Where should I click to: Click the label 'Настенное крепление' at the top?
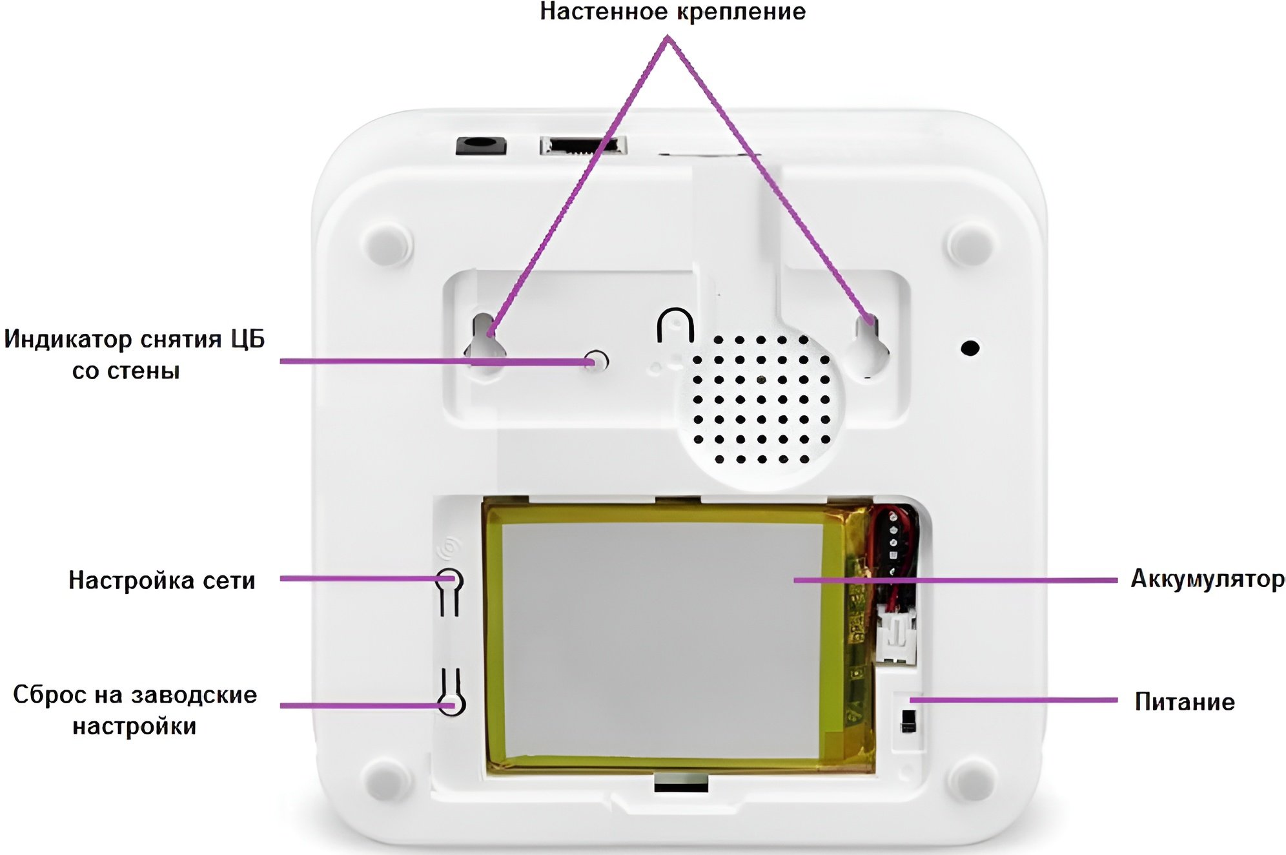coord(673,12)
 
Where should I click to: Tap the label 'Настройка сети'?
coord(162,580)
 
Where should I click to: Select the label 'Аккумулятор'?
coord(1208,579)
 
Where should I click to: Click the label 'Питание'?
coord(1185,701)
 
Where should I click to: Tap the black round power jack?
coord(480,145)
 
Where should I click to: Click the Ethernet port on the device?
coord(583,145)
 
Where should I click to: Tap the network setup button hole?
coord(449,580)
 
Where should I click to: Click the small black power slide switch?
coord(908,721)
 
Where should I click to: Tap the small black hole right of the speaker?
coord(970,348)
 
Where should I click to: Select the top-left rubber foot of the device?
coord(387,243)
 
